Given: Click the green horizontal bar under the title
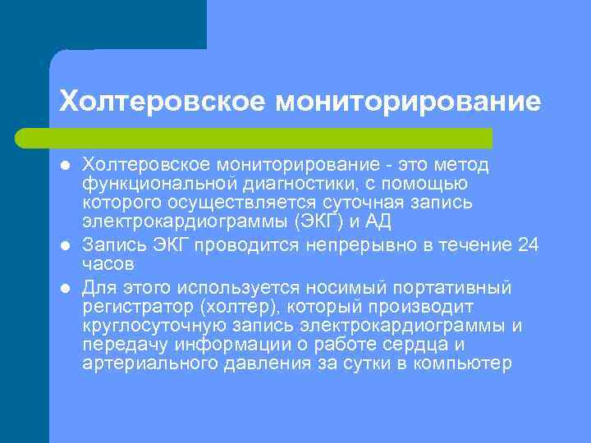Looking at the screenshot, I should tap(271, 137).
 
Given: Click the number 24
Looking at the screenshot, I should tap(530, 245).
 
